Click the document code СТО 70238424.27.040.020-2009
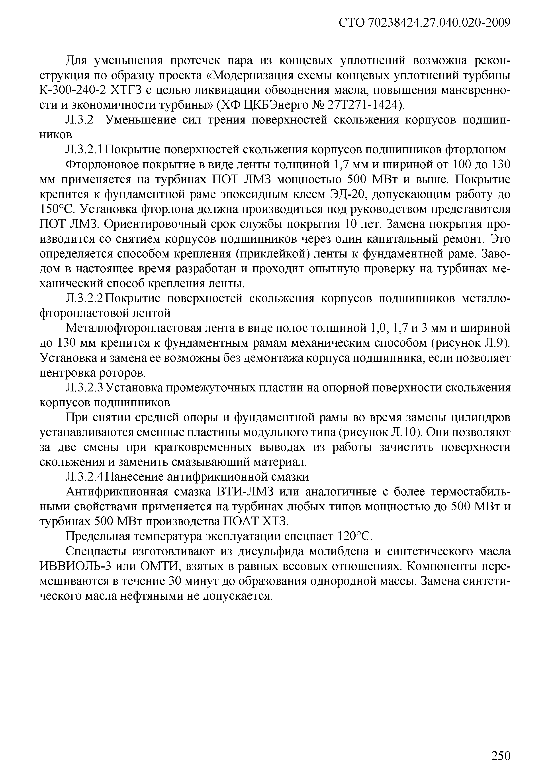[x=424, y=23]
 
